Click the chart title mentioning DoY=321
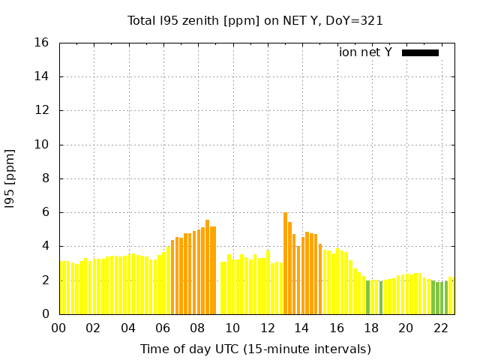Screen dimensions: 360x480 (x=255, y=20)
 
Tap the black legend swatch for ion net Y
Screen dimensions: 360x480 (x=420, y=52)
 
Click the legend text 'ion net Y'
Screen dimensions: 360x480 (x=365, y=52)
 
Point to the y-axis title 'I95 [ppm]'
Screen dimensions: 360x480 (x=10, y=178)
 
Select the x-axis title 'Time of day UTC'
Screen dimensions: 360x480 (x=255, y=349)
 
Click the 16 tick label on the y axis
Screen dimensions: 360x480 (x=43, y=43)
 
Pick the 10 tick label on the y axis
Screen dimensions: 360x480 (x=43, y=145)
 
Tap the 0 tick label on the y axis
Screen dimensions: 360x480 (x=46, y=314)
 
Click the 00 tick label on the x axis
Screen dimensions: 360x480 (x=59, y=328)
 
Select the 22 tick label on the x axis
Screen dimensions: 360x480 (x=441, y=328)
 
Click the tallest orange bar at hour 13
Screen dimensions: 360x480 (x=286, y=262)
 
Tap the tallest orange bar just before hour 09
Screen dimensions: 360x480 (x=207, y=266)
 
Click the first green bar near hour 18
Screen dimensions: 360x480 (x=367, y=297)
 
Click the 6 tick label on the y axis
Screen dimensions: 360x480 (x=46, y=212)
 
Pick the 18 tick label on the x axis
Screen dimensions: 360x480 (x=371, y=328)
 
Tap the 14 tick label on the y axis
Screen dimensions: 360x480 (x=43, y=76)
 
